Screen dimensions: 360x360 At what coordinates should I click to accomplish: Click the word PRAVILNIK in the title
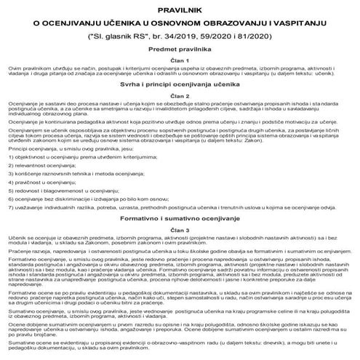pyautogui.click(x=180, y=8)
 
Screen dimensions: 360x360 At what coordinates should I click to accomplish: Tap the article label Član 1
pyautogui.click(x=180, y=60)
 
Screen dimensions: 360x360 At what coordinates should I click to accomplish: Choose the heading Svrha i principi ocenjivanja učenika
pyautogui.click(x=180, y=84)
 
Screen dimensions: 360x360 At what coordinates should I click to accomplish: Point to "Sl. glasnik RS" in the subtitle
pyautogui.click(x=119, y=33)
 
